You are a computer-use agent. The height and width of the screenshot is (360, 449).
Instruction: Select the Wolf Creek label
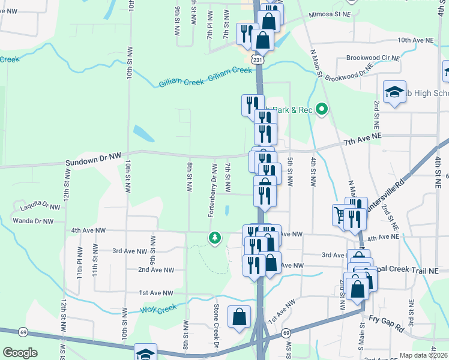158,309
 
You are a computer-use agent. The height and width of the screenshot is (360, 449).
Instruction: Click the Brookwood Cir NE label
373,58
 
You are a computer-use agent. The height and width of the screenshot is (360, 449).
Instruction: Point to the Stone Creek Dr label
217,328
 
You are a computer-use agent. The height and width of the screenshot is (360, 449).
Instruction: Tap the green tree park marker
214,238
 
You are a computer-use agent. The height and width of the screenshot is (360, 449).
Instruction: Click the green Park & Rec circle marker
322,109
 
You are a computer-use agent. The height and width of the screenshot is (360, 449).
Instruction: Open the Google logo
20,353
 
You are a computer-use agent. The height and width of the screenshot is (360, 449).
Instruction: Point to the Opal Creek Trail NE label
411,271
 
